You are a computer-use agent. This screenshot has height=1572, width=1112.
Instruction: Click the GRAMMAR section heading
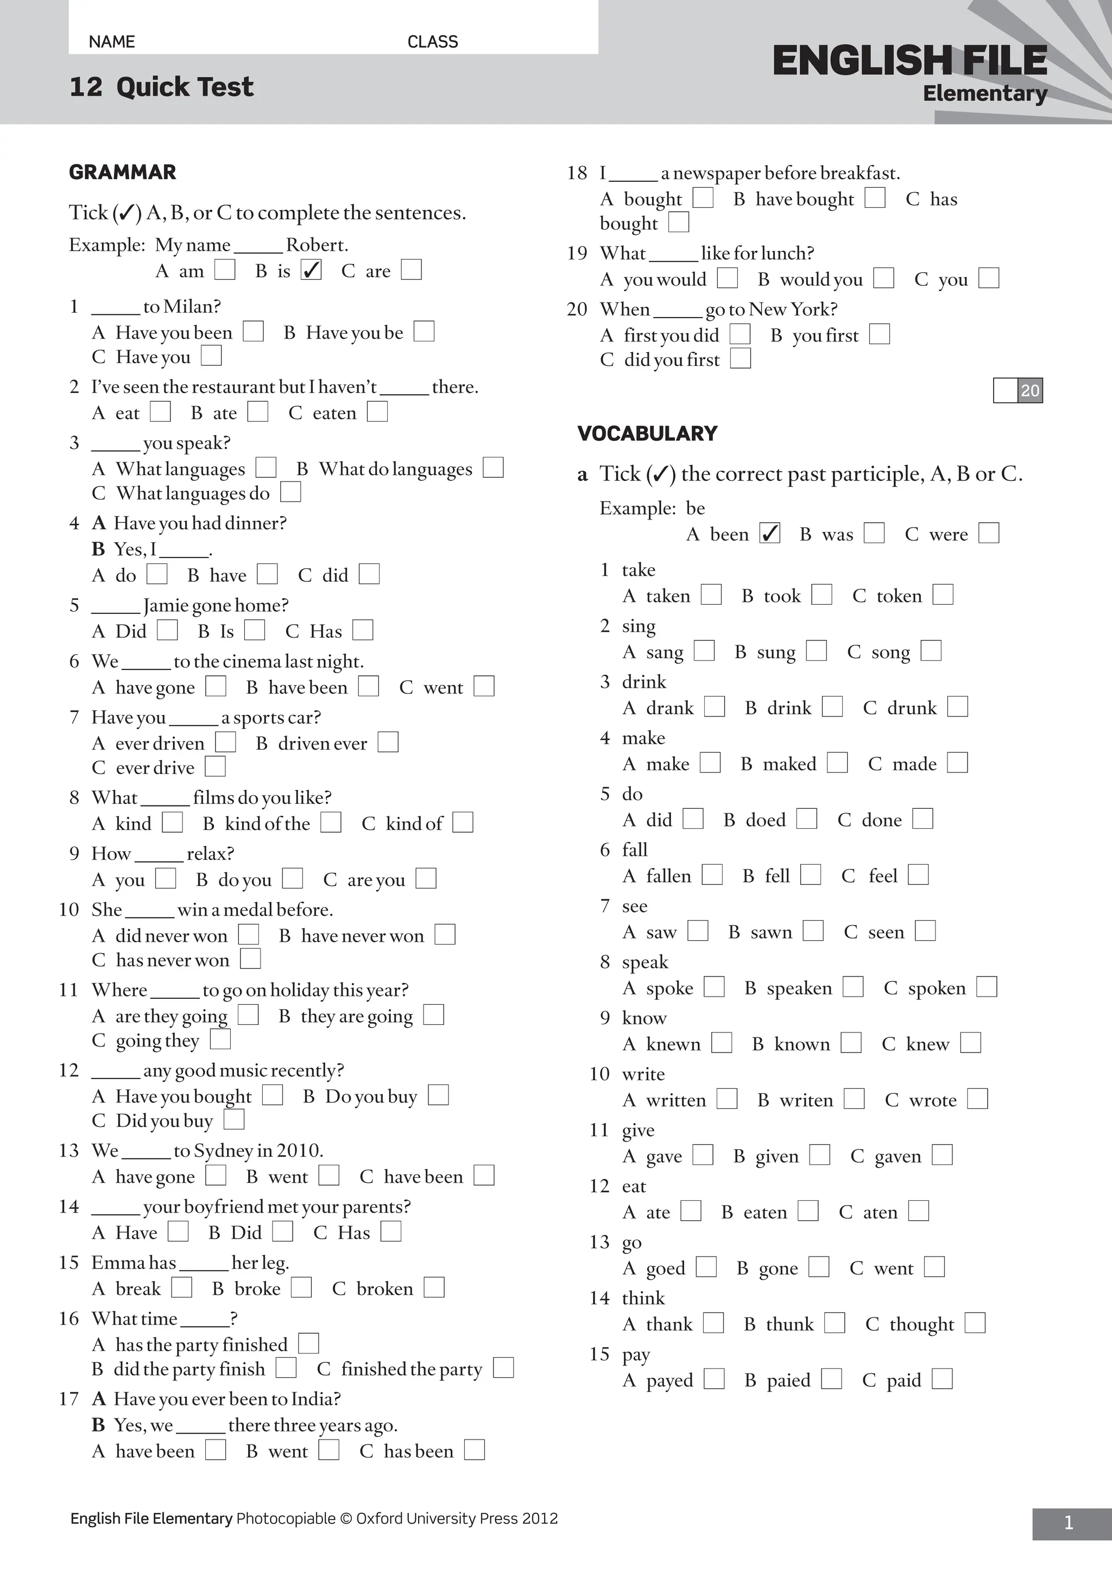click(123, 172)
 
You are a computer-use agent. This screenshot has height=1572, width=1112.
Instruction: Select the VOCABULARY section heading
click(647, 433)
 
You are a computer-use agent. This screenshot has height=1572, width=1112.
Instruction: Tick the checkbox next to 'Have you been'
click(254, 332)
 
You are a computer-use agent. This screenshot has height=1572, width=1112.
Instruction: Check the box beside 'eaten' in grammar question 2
click(377, 412)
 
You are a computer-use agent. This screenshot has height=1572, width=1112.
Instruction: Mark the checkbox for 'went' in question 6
click(484, 686)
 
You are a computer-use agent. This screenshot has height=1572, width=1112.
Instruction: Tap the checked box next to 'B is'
click(311, 270)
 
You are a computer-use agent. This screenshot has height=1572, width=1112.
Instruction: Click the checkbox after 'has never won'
click(251, 959)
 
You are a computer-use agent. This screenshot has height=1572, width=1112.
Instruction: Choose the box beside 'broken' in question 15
click(434, 1288)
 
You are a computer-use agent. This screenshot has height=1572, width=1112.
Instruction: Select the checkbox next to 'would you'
click(884, 278)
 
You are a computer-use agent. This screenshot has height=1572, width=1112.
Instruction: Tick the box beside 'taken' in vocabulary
click(711, 594)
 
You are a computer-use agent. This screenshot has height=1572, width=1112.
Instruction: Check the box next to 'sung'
click(816, 650)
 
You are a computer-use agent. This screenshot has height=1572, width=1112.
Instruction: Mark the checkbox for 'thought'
click(975, 1323)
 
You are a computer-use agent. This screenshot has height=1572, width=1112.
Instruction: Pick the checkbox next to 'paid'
click(942, 1379)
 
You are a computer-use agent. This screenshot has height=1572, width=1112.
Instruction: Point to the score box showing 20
click(1018, 390)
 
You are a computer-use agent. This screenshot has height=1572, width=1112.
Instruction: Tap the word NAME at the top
click(112, 42)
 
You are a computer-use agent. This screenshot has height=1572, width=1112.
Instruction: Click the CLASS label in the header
click(433, 42)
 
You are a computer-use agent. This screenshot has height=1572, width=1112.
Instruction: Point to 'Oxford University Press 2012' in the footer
click(457, 1519)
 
